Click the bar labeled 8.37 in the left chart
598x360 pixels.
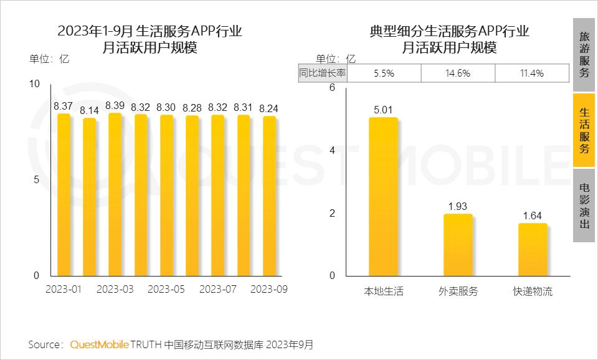click(64, 194)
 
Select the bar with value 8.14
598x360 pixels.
click(90, 196)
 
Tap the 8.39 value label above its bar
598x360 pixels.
click(115, 105)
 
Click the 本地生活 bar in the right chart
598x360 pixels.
click(383, 196)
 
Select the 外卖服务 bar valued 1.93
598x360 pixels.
click(458, 245)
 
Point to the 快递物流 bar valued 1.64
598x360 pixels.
click(533, 249)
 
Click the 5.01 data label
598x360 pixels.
click(383, 110)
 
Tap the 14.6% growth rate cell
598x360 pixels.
click(458, 73)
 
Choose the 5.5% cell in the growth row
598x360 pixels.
click(384, 73)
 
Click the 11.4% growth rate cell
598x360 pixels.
click(531, 73)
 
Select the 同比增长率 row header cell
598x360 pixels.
click(323, 73)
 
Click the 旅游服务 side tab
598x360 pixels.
click(584, 54)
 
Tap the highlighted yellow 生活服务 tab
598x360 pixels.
click(584, 130)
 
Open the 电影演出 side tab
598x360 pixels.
click(584, 206)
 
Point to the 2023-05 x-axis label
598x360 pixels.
click(166, 290)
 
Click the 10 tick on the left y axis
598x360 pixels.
click(35, 84)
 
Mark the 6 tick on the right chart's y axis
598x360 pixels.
click(332, 88)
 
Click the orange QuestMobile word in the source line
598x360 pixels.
click(99, 344)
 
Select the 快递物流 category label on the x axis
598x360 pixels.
click(533, 291)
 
